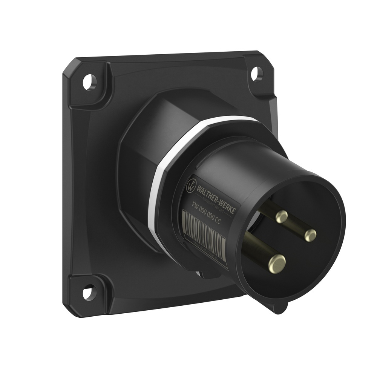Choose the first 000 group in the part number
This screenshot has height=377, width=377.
coord(205,211)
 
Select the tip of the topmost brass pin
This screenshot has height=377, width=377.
coord(281,216)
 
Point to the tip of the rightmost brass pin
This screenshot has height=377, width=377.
coord(310,235)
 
